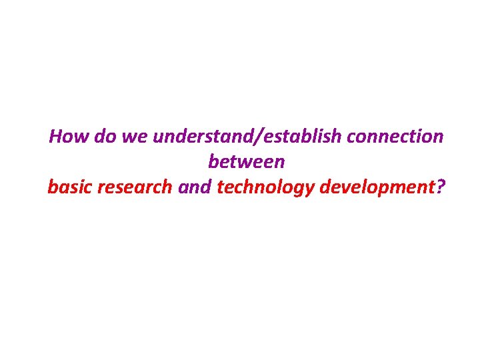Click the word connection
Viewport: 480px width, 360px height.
tap(395, 137)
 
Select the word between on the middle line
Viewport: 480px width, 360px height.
tap(246, 161)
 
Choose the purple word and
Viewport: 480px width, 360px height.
tap(195, 187)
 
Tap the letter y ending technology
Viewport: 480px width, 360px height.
tap(311, 189)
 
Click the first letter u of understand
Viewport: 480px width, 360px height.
tap(158, 138)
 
